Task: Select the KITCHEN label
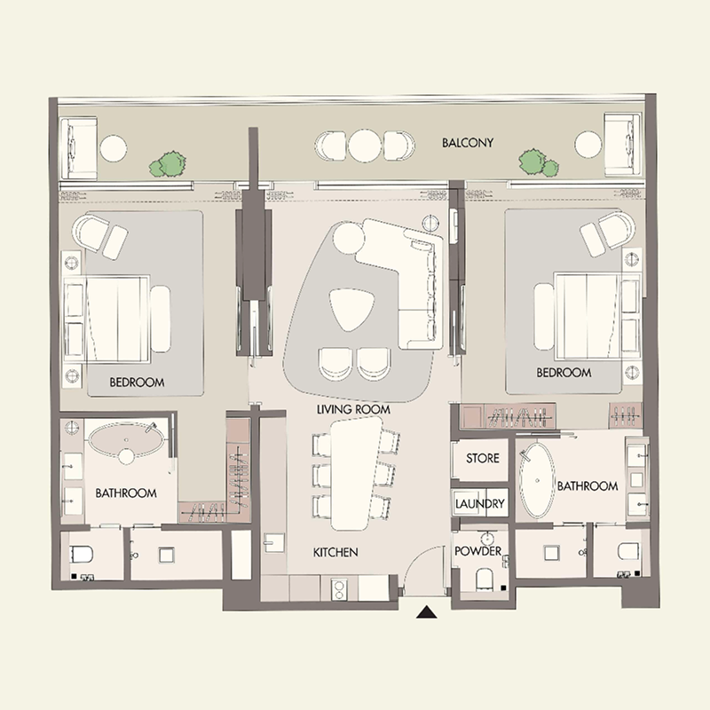[335, 552]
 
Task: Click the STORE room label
[482, 459]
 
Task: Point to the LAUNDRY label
[480, 503]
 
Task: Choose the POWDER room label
[478, 551]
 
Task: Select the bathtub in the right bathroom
[536, 480]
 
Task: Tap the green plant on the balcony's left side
[168, 163]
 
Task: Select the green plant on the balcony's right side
[535, 162]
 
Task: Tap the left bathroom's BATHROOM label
[126, 493]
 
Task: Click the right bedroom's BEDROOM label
[564, 373]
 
